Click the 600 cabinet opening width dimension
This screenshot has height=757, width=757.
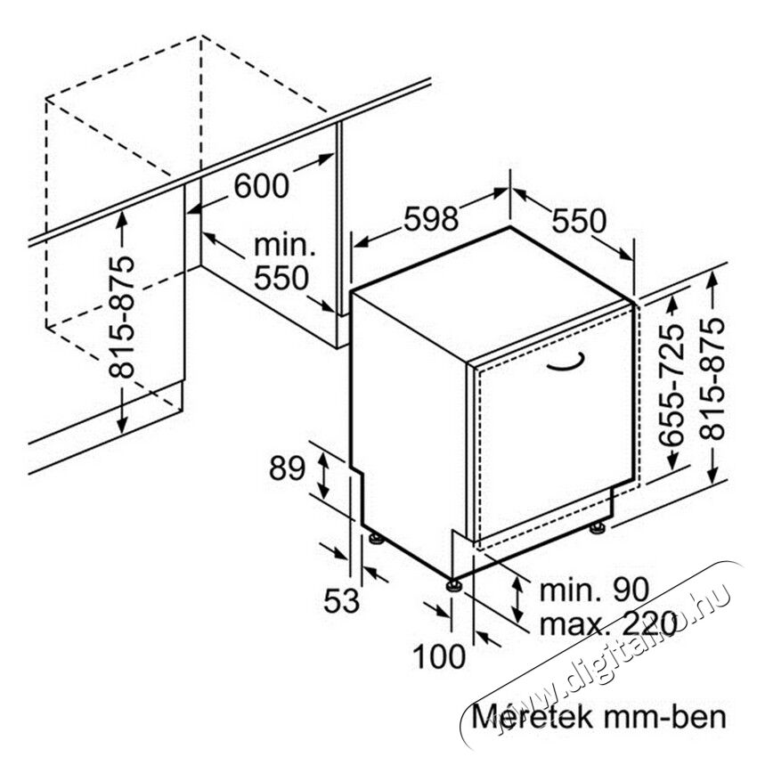pyautogui.click(x=262, y=185)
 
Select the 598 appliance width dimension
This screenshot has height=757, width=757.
pyautogui.click(x=431, y=218)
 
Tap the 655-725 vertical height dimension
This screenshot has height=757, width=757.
pyautogui.click(x=672, y=385)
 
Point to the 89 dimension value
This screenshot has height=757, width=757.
pyautogui.click(x=288, y=468)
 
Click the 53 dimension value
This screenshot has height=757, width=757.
pyautogui.click(x=341, y=601)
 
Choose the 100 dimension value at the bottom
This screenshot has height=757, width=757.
pyautogui.click(x=439, y=656)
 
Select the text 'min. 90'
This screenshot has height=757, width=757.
pyautogui.click(x=594, y=590)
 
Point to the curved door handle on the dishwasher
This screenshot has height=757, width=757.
pyautogui.click(x=568, y=365)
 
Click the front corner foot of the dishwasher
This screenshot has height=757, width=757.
pyautogui.click(x=454, y=585)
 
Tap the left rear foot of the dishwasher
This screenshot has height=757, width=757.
pyautogui.click(x=376, y=538)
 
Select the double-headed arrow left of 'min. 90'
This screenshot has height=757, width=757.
pyautogui.click(x=517, y=599)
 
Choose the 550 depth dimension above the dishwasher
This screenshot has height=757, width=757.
pyautogui.click(x=578, y=221)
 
